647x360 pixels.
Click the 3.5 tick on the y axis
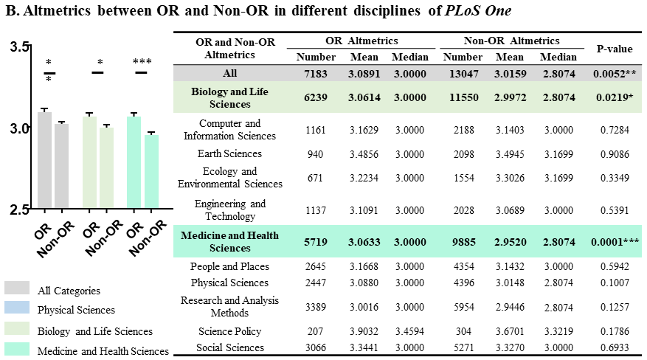point(21,46)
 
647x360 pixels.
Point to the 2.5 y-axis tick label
point(21,210)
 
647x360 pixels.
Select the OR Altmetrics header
point(361,41)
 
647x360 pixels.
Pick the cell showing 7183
point(315,74)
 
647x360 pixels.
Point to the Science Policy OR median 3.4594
point(409,331)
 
